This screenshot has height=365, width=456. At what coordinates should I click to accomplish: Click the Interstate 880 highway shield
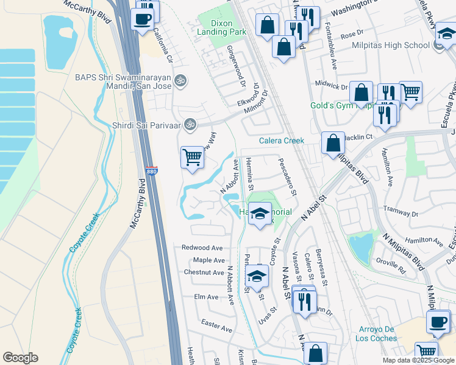point(152,172)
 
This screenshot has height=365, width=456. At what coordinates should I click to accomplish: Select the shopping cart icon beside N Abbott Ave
point(193,158)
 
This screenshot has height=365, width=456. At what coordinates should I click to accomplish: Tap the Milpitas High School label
point(399,46)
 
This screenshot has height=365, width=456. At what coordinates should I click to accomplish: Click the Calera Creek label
point(281,141)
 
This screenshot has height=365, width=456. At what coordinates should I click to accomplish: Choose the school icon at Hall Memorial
point(260,214)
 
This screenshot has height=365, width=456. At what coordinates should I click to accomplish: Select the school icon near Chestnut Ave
point(257,276)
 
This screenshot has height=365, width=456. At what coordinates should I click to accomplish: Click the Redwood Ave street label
point(202,248)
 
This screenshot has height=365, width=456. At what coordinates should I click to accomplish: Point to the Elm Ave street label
point(206,297)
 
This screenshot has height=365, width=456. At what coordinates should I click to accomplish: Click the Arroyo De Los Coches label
point(374,333)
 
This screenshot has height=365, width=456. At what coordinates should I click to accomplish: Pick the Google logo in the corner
point(20,358)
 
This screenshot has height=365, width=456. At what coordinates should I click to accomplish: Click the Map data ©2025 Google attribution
point(418,360)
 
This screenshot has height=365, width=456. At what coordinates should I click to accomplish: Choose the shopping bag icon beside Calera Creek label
point(333,144)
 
